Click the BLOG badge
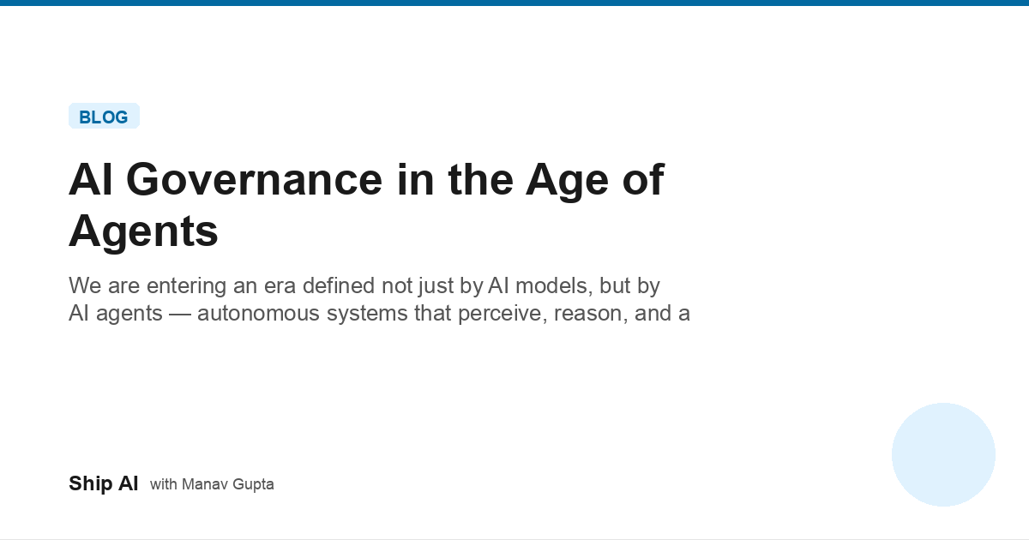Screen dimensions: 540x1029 point(104,117)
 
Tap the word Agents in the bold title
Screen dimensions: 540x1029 point(143,231)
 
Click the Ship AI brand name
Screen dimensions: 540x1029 point(103,483)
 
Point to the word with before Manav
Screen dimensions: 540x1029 point(163,484)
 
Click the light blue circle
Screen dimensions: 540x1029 point(943,454)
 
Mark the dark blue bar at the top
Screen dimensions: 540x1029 point(514,3)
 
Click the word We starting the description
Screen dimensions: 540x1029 point(82,285)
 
